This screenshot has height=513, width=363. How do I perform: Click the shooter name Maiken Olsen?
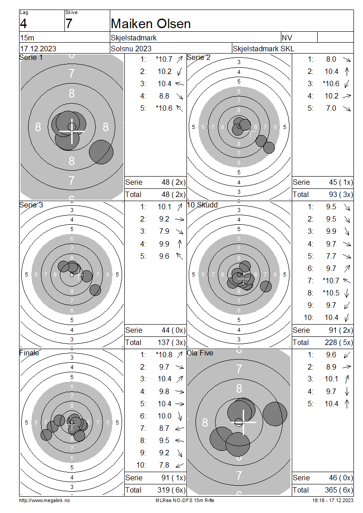151,24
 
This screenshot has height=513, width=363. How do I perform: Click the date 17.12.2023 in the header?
38,49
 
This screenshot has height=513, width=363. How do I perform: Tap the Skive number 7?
69,24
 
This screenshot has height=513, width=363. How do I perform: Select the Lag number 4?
24,24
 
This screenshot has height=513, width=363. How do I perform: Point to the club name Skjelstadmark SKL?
263,49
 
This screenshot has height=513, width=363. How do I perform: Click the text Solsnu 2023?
131,49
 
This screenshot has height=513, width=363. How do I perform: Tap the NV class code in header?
287,38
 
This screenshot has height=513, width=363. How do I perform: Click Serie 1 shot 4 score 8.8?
164,96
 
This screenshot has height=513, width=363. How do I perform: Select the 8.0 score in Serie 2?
331,59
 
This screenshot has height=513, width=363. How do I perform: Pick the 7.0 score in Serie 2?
331,109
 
